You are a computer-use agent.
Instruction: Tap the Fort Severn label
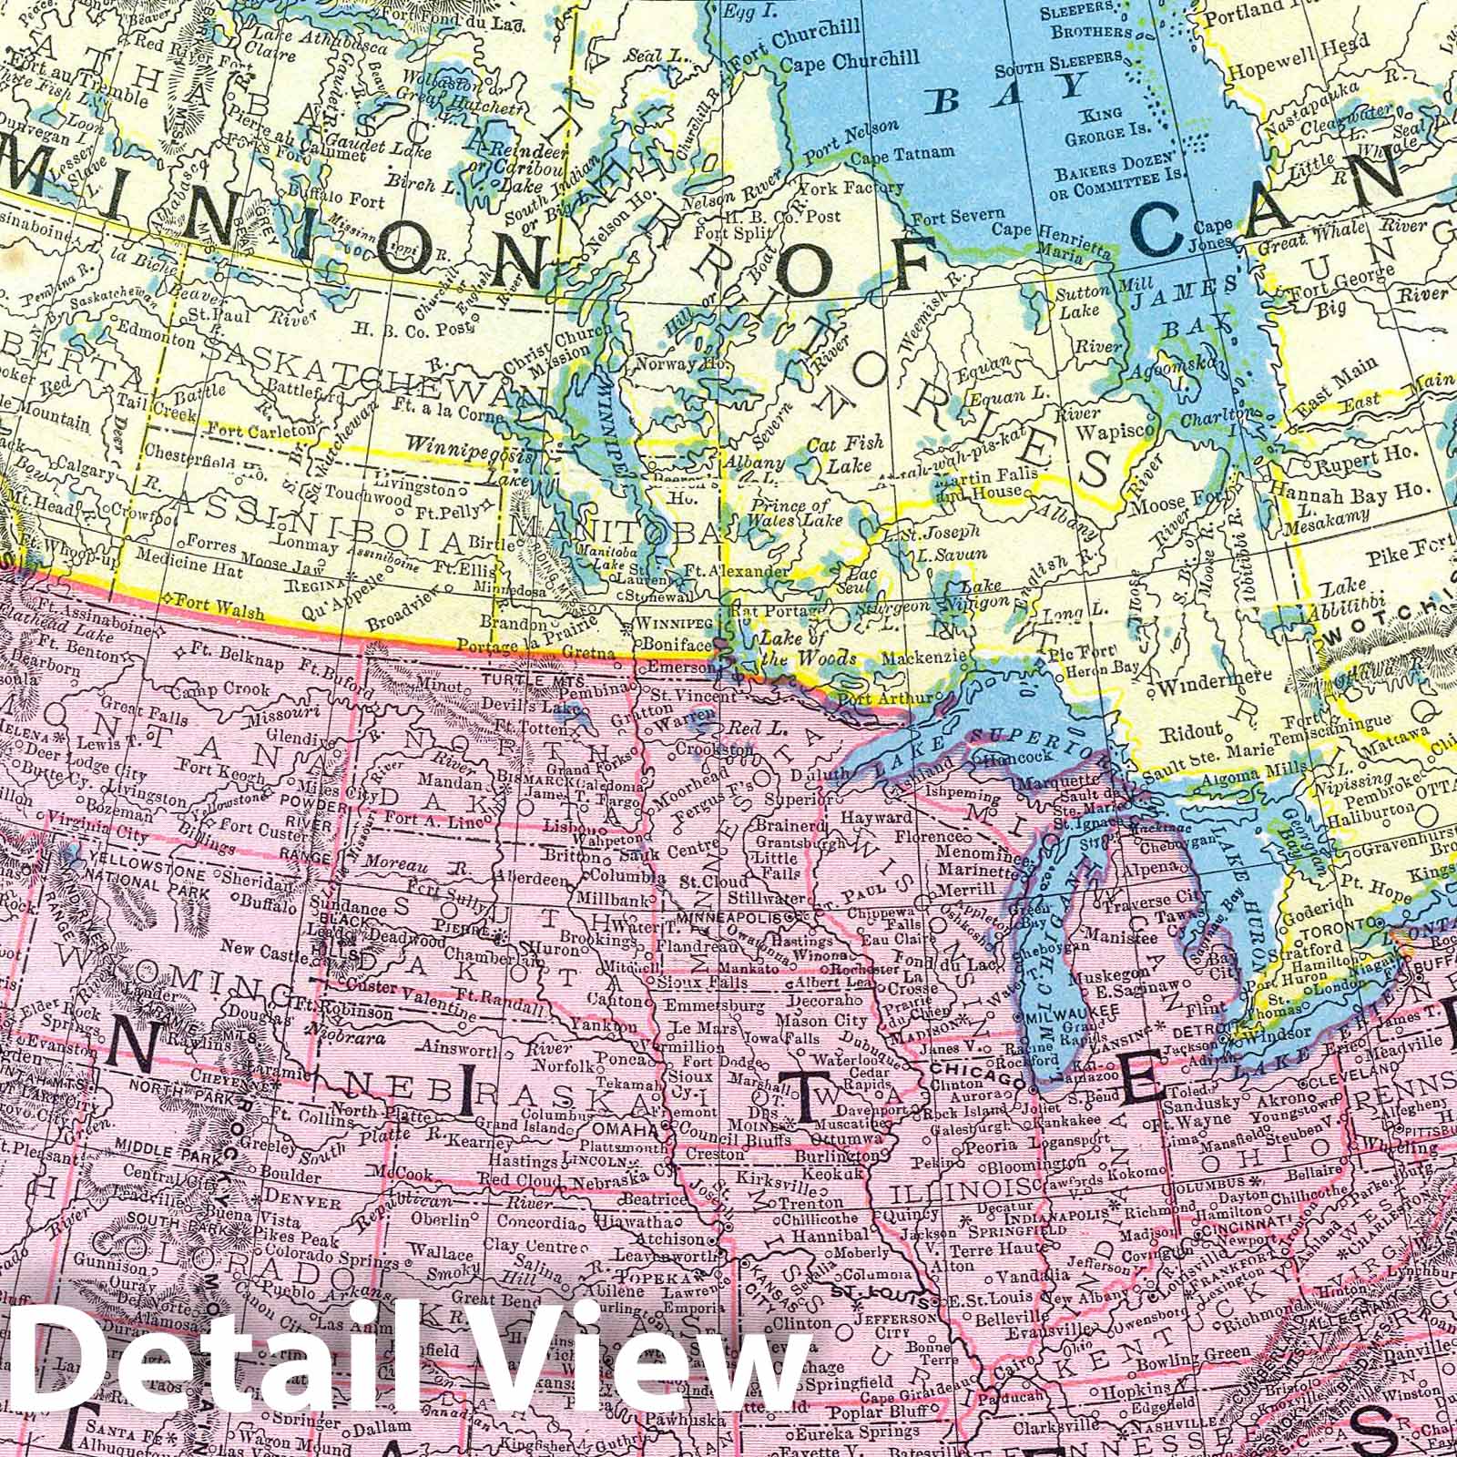(947, 218)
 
